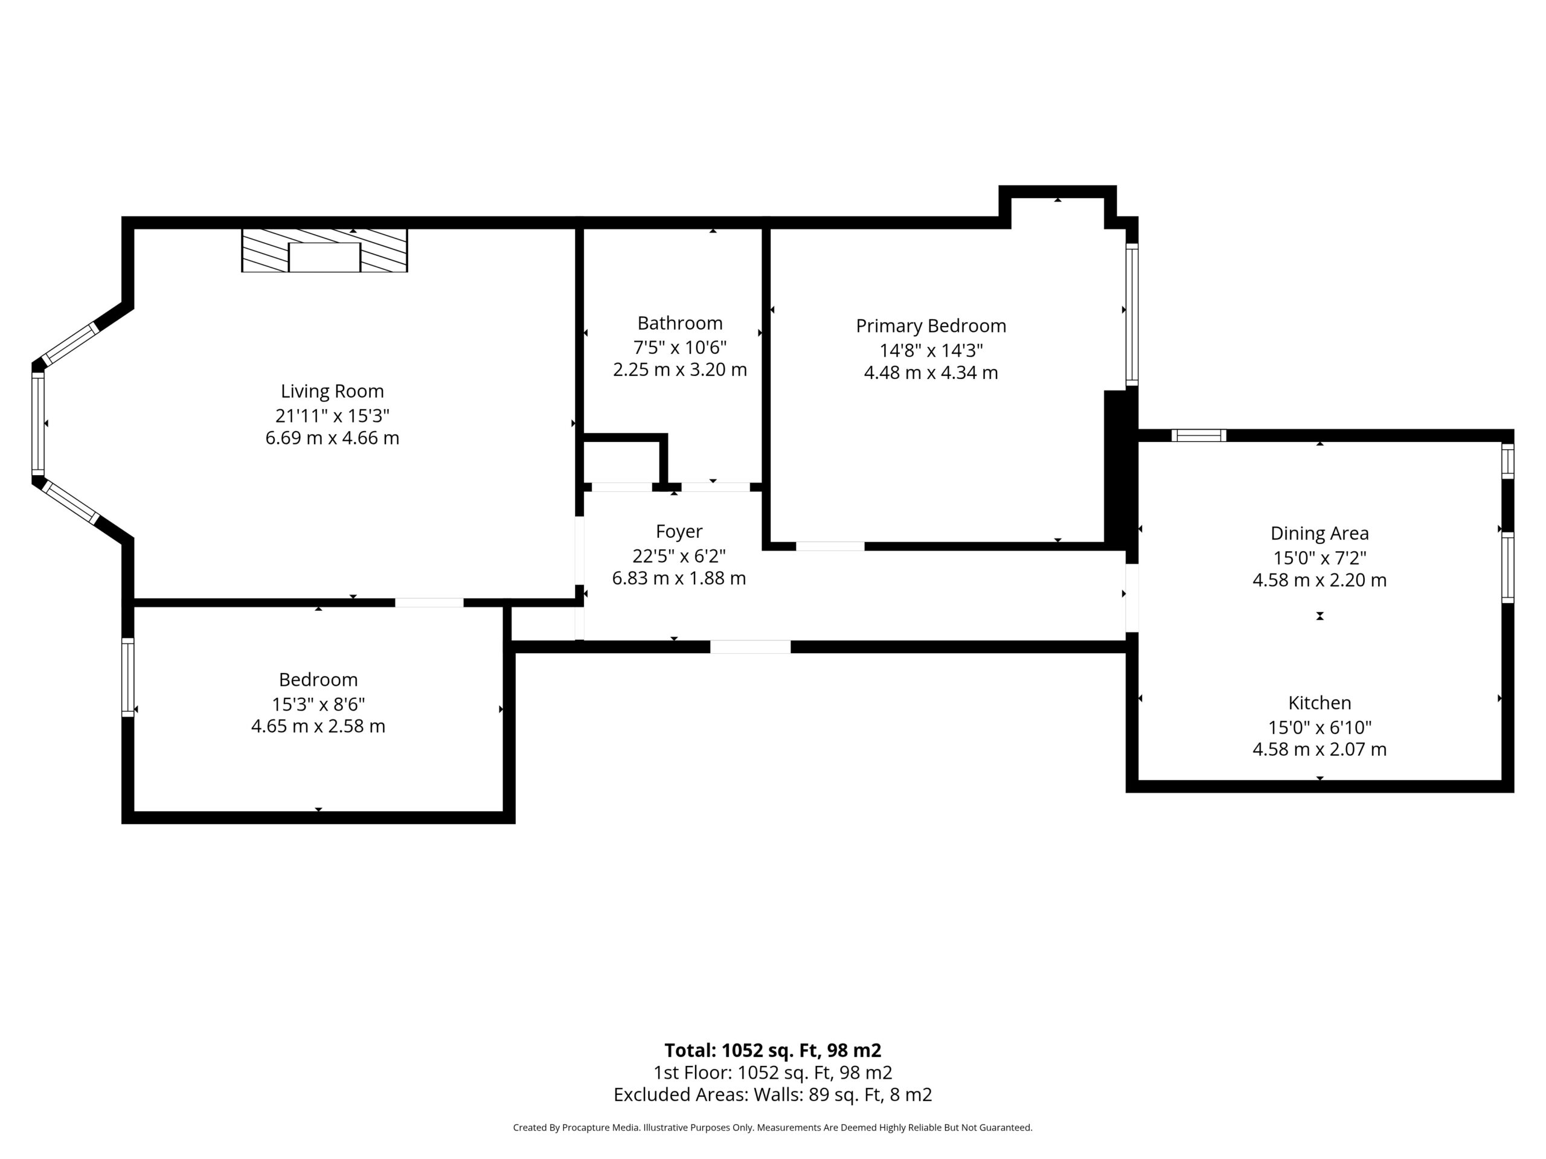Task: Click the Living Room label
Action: (x=332, y=391)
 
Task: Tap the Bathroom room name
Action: (x=680, y=324)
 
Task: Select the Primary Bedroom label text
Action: (x=931, y=326)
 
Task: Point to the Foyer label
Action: (x=679, y=532)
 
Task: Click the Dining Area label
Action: (x=1320, y=534)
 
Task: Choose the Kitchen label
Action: (x=1320, y=703)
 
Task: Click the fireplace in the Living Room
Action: (x=324, y=250)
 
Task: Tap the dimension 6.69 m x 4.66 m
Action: (x=332, y=438)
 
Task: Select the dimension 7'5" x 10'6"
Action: (x=680, y=347)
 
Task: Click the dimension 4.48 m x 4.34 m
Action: (x=931, y=373)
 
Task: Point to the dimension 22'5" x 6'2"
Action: (x=679, y=556)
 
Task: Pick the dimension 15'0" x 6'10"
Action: (x=1320, y=727)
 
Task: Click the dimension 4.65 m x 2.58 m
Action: (x=318, y=727)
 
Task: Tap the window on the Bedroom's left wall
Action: (x=128, y=677)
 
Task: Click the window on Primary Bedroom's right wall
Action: (x=1132, y=314)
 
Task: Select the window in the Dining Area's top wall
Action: (x=1199, y=435)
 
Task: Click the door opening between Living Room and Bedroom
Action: (x=429, y=602)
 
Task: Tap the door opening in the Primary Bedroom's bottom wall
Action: (x=830, y=546)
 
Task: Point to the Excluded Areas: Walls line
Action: (x=772, y=1095)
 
